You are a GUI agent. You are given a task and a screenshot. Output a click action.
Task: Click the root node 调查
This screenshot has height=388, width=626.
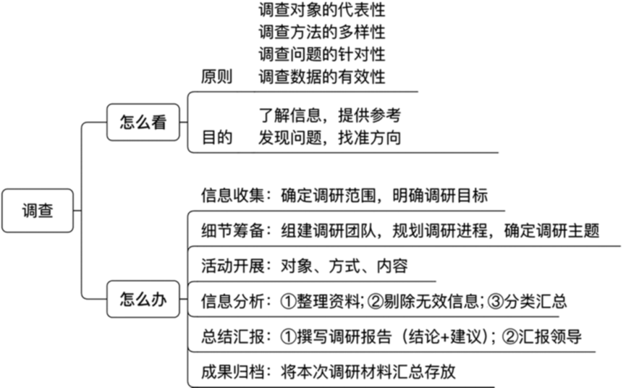(x=38, y=211)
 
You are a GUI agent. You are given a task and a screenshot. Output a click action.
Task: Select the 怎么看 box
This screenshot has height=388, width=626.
(x=143, y=122)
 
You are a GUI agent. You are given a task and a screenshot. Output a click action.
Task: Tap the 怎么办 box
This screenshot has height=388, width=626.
(x=143, y=299)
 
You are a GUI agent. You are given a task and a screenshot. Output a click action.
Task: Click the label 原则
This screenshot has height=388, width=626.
(x=216, y=77)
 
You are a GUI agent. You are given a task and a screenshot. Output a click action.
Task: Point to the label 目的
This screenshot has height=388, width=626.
(x=217, y=138)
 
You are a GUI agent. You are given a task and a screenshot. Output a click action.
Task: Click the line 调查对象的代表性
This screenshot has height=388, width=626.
(x=322, y=10)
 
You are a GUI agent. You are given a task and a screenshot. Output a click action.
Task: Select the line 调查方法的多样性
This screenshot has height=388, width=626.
(x=322, y=33)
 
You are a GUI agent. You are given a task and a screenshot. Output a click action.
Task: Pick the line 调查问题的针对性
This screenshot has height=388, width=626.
(x=322, y=54)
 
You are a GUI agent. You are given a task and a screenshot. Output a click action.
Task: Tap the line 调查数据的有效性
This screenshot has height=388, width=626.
(x=322, y=77)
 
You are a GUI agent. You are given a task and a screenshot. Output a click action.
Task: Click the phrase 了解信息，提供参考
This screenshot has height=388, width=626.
(x=329, y=115)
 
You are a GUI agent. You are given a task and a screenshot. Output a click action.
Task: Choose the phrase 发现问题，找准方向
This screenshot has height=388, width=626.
(x=329, y=138)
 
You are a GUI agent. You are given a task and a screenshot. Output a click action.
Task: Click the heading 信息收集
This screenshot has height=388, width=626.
(x=232, y=195)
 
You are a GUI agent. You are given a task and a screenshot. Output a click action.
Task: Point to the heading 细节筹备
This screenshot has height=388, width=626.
(x=232, y=231)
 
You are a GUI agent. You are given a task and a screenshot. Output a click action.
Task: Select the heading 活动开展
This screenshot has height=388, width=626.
(x=232, y=266)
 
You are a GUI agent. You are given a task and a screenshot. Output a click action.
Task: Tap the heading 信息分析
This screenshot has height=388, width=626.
(x=232, y=301)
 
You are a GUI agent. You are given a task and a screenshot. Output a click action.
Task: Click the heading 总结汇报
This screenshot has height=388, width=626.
(x=232, y=337)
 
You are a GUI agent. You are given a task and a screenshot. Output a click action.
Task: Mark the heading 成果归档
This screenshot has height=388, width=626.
(x=232, y=371)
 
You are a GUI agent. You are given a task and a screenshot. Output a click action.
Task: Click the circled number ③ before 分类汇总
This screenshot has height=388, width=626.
(x=496, y=301)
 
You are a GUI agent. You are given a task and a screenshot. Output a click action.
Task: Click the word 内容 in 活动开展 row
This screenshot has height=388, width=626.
(x=392, y=266)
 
